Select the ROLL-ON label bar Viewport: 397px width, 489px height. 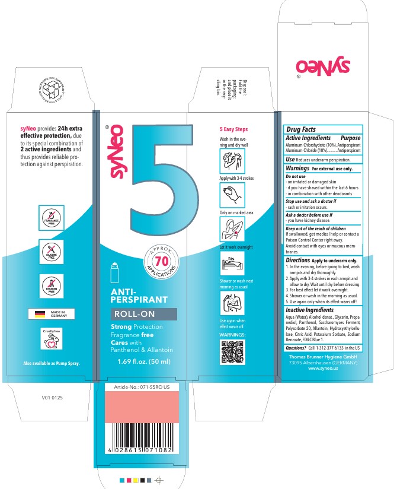pos(144,315)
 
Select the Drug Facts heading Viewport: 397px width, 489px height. pos(301,129)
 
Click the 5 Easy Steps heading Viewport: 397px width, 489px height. pos(233,129)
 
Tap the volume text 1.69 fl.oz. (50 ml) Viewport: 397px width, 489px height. pos(144,361)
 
